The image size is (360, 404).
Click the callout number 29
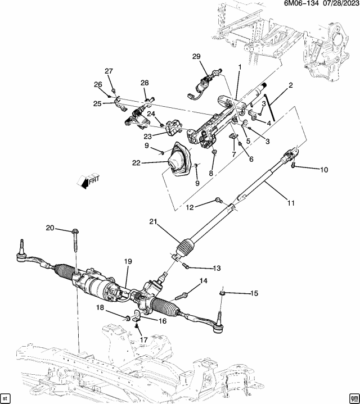196,57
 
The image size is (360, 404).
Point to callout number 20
50,228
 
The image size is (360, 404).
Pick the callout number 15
254,293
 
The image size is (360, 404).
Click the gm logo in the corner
353,397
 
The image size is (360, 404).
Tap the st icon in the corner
6,397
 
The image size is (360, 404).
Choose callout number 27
109,71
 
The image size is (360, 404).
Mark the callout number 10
323,170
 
